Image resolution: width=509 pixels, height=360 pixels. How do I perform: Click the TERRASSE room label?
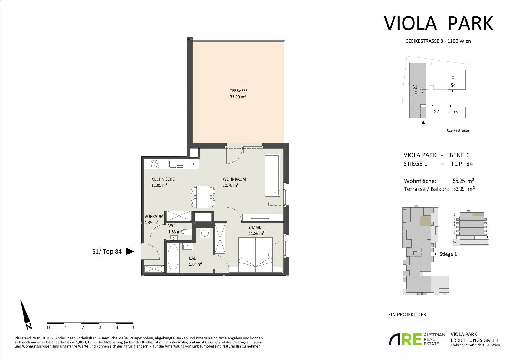pos(238,91)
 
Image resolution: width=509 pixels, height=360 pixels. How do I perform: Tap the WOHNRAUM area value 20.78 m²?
pos(230,185)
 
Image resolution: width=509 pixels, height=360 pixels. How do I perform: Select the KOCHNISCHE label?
pos(163,179)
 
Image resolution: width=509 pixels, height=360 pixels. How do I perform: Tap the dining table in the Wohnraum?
pos(203,197)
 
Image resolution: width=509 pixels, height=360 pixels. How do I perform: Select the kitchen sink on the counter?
pos(176,164)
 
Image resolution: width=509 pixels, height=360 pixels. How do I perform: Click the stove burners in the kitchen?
pos(155,164)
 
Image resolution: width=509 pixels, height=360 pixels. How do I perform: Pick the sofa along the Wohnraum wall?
pos(272,175)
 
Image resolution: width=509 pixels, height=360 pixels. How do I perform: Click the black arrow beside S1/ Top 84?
pos(130,251)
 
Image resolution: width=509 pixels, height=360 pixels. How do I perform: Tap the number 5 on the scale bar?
pos(134,328)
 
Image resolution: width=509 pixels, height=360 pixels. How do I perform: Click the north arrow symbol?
pos(26,315)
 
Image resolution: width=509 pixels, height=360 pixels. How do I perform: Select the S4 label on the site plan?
pos(453,85)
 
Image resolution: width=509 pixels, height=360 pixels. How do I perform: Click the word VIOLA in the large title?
pos(410,23)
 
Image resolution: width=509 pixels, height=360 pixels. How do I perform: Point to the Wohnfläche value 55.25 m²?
pos(463,181)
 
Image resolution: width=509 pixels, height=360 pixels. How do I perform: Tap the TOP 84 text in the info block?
pos(462,164)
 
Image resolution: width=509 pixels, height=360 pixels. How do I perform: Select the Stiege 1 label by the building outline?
pos(448,254)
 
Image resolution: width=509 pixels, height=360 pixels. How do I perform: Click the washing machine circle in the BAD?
pos(205,233)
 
